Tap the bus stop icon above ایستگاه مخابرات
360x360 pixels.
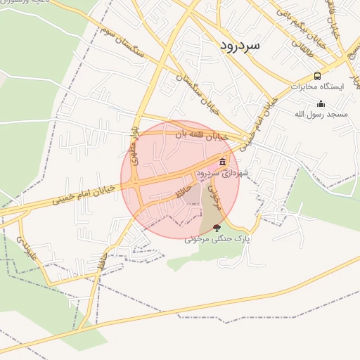pyautogui.click(x=317, y=77)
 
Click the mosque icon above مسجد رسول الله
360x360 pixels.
pyautogui.click(x=321, y=104)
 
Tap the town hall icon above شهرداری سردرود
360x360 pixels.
pyautogui.click(x=223, y=162)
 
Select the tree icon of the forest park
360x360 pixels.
pyautogui.click(x=217, y=227)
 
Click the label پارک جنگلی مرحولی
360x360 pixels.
pyautogui.click(x=218, y=239)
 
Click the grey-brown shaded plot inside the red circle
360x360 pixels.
pyautogui.click(x=209, y=211)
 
